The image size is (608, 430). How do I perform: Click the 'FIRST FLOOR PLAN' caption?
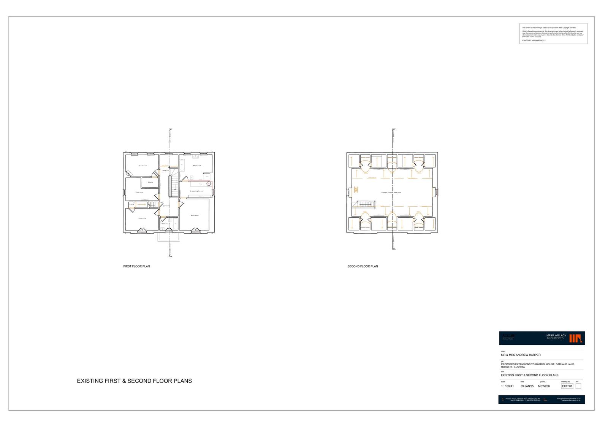click(136, 266)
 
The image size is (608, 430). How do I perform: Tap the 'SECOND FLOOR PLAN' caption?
click(363, 266)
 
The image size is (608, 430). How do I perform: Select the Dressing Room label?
click(196, 191)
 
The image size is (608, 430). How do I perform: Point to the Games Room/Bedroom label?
click(391, 193)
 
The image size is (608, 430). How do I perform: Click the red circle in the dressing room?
click(209, 183)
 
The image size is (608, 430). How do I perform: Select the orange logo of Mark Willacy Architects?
click(576, 338)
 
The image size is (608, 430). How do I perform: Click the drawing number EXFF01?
click(567, 386)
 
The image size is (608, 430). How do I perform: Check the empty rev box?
click(578, 386)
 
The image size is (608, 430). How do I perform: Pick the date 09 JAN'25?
click(527, 386)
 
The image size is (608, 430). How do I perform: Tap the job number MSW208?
click(544, 386)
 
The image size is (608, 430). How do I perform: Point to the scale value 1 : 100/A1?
click(507, 386)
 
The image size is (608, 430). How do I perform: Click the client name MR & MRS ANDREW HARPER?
click(521, 355)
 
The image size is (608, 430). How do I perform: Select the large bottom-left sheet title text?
click(134, 381)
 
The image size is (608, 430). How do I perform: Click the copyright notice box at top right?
click(553, 34)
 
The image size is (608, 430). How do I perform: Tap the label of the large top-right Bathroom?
click(197, 166)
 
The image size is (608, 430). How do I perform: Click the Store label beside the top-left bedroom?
click(150, 182)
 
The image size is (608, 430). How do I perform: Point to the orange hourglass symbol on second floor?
click(356, 190)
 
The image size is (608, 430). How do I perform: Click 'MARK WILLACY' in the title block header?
click(556, 335)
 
